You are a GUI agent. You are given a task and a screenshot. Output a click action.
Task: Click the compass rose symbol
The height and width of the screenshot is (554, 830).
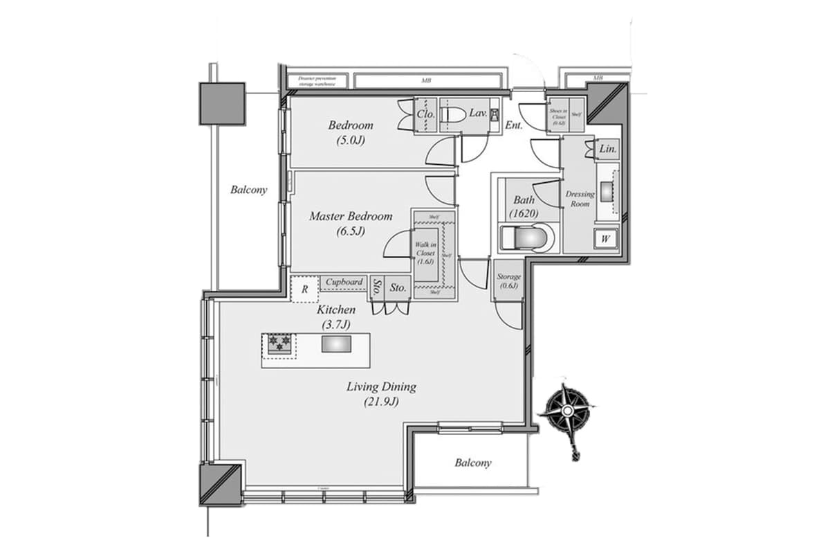567,412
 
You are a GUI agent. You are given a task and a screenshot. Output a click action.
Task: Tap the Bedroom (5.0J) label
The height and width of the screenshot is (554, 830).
351,132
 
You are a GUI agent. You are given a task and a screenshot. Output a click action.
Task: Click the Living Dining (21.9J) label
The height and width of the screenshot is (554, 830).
381,393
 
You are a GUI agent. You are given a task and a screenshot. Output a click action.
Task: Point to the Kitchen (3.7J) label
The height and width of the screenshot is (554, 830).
337,317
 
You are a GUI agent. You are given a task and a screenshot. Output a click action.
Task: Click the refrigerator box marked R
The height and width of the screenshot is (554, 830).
304,289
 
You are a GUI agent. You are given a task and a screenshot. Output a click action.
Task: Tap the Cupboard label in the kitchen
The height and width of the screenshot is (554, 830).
344,283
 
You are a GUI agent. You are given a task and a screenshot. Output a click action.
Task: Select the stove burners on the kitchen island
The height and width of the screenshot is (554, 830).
279,343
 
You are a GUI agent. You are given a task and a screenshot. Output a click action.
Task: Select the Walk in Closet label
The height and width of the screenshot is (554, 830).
425,253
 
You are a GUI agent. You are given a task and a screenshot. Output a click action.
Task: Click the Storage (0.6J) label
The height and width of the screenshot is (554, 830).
508,280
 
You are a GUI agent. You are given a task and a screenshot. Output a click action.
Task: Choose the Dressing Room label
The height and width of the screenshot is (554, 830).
580,199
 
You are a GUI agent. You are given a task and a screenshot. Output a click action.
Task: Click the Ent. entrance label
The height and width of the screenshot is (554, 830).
514,125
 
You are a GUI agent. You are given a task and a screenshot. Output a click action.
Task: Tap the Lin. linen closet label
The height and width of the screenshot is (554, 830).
607,149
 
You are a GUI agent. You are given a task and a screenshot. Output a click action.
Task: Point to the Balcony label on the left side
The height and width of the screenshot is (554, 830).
249,190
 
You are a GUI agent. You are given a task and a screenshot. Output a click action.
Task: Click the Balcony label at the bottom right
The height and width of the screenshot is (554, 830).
473,463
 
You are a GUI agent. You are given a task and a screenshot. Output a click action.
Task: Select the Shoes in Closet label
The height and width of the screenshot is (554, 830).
557,116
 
